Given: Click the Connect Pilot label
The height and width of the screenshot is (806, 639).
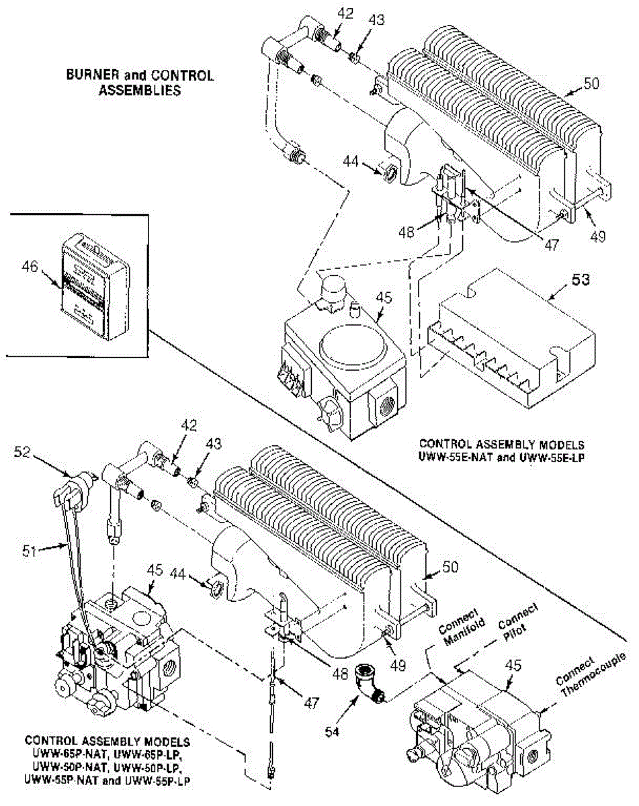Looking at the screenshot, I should [x=519, y=619].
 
